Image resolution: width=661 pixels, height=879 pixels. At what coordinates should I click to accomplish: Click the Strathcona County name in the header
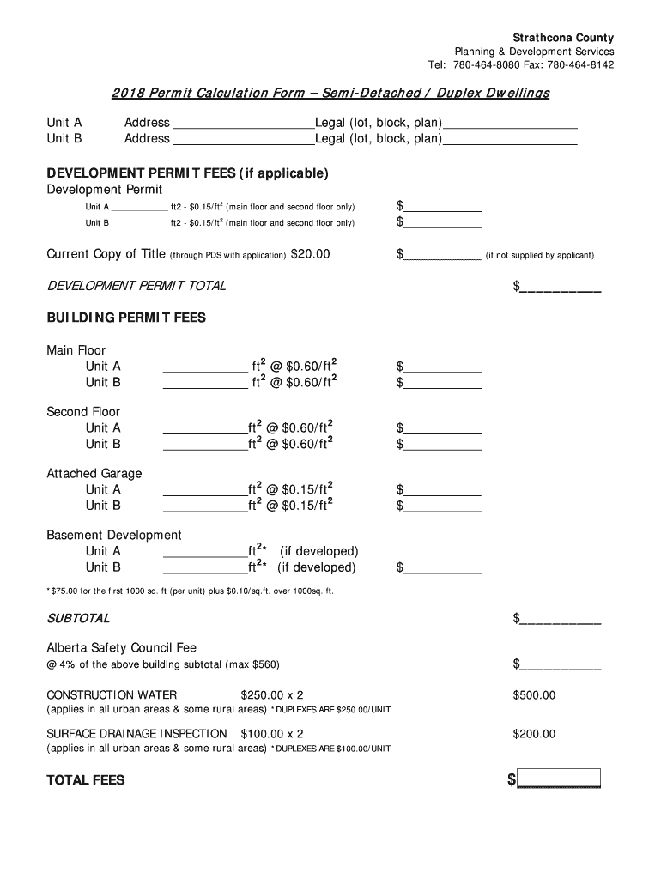563,38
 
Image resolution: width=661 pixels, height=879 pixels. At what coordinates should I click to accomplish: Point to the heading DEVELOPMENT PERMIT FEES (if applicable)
187,173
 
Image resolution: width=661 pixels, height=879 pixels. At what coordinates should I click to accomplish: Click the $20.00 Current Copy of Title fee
310,254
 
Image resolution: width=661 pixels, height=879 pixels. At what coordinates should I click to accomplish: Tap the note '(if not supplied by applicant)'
539,255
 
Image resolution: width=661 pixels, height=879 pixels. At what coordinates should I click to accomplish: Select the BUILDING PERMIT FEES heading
126,318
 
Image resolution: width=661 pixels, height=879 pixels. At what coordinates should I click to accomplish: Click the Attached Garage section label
94,474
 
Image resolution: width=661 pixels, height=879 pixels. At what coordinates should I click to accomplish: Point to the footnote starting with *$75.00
190,591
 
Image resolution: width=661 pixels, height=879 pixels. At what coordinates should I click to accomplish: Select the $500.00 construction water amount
534,695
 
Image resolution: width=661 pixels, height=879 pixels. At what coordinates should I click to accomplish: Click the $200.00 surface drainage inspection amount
534,734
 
